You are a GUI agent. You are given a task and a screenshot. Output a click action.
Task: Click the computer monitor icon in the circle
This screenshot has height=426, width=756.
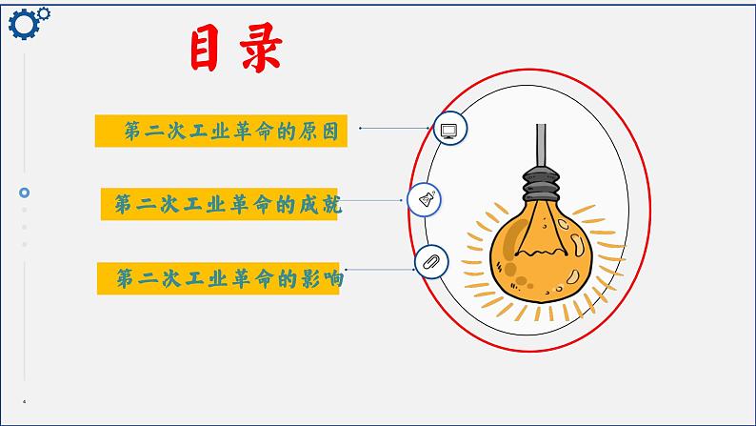pos(449,129)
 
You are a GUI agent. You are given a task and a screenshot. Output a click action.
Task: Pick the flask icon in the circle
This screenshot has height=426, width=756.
pos(425,199)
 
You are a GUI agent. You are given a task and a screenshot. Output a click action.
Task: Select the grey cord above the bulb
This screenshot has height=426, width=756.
pos(540,143)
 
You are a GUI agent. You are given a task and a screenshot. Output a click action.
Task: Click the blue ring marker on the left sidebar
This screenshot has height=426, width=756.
pos(25,192)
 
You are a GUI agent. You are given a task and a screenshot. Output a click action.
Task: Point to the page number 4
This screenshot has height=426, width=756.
pos(25,402)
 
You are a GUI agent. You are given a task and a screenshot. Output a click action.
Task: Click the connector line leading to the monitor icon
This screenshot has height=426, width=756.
pos(395,128)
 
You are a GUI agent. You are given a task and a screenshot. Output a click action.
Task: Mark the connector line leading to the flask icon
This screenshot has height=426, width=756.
pos(375,200)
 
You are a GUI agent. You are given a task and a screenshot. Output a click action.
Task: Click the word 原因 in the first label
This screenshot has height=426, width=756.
pos(322,131)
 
